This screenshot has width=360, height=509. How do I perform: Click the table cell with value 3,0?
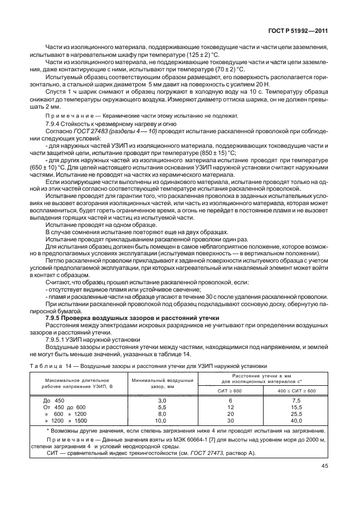click(x=162, y=400)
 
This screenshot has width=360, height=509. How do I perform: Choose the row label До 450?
click(x=54, y=400)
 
